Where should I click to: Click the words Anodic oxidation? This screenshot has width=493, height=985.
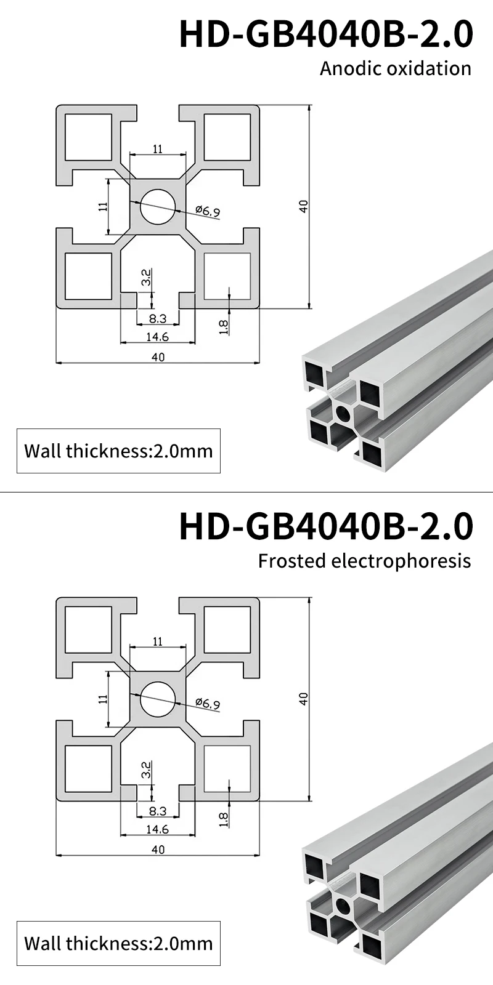click(395, 68)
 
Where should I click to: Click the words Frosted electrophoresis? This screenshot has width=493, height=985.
click(364, 561)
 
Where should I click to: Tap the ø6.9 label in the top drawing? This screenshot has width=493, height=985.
click(208, 212)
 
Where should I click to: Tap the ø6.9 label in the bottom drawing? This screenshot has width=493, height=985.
click(208, 704)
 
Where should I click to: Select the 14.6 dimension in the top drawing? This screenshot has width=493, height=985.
click(157, 336)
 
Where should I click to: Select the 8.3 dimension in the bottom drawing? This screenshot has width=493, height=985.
click(158, 811)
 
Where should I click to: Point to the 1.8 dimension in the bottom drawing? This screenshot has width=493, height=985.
click(223, 818)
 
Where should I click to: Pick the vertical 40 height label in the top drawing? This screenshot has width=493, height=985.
click(303, 206)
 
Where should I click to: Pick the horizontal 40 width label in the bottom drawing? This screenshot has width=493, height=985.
click(158, 850)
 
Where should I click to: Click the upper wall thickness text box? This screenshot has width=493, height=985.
click(118, 451)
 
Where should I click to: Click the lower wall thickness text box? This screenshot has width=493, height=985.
click(118, 943)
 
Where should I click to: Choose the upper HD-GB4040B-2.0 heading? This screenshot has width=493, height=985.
click(326, 34)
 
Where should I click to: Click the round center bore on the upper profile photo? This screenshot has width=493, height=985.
click(343, 412)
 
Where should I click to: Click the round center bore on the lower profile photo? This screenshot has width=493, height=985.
click(343, 905)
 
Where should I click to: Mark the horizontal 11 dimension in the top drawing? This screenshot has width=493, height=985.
click(158, 149)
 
